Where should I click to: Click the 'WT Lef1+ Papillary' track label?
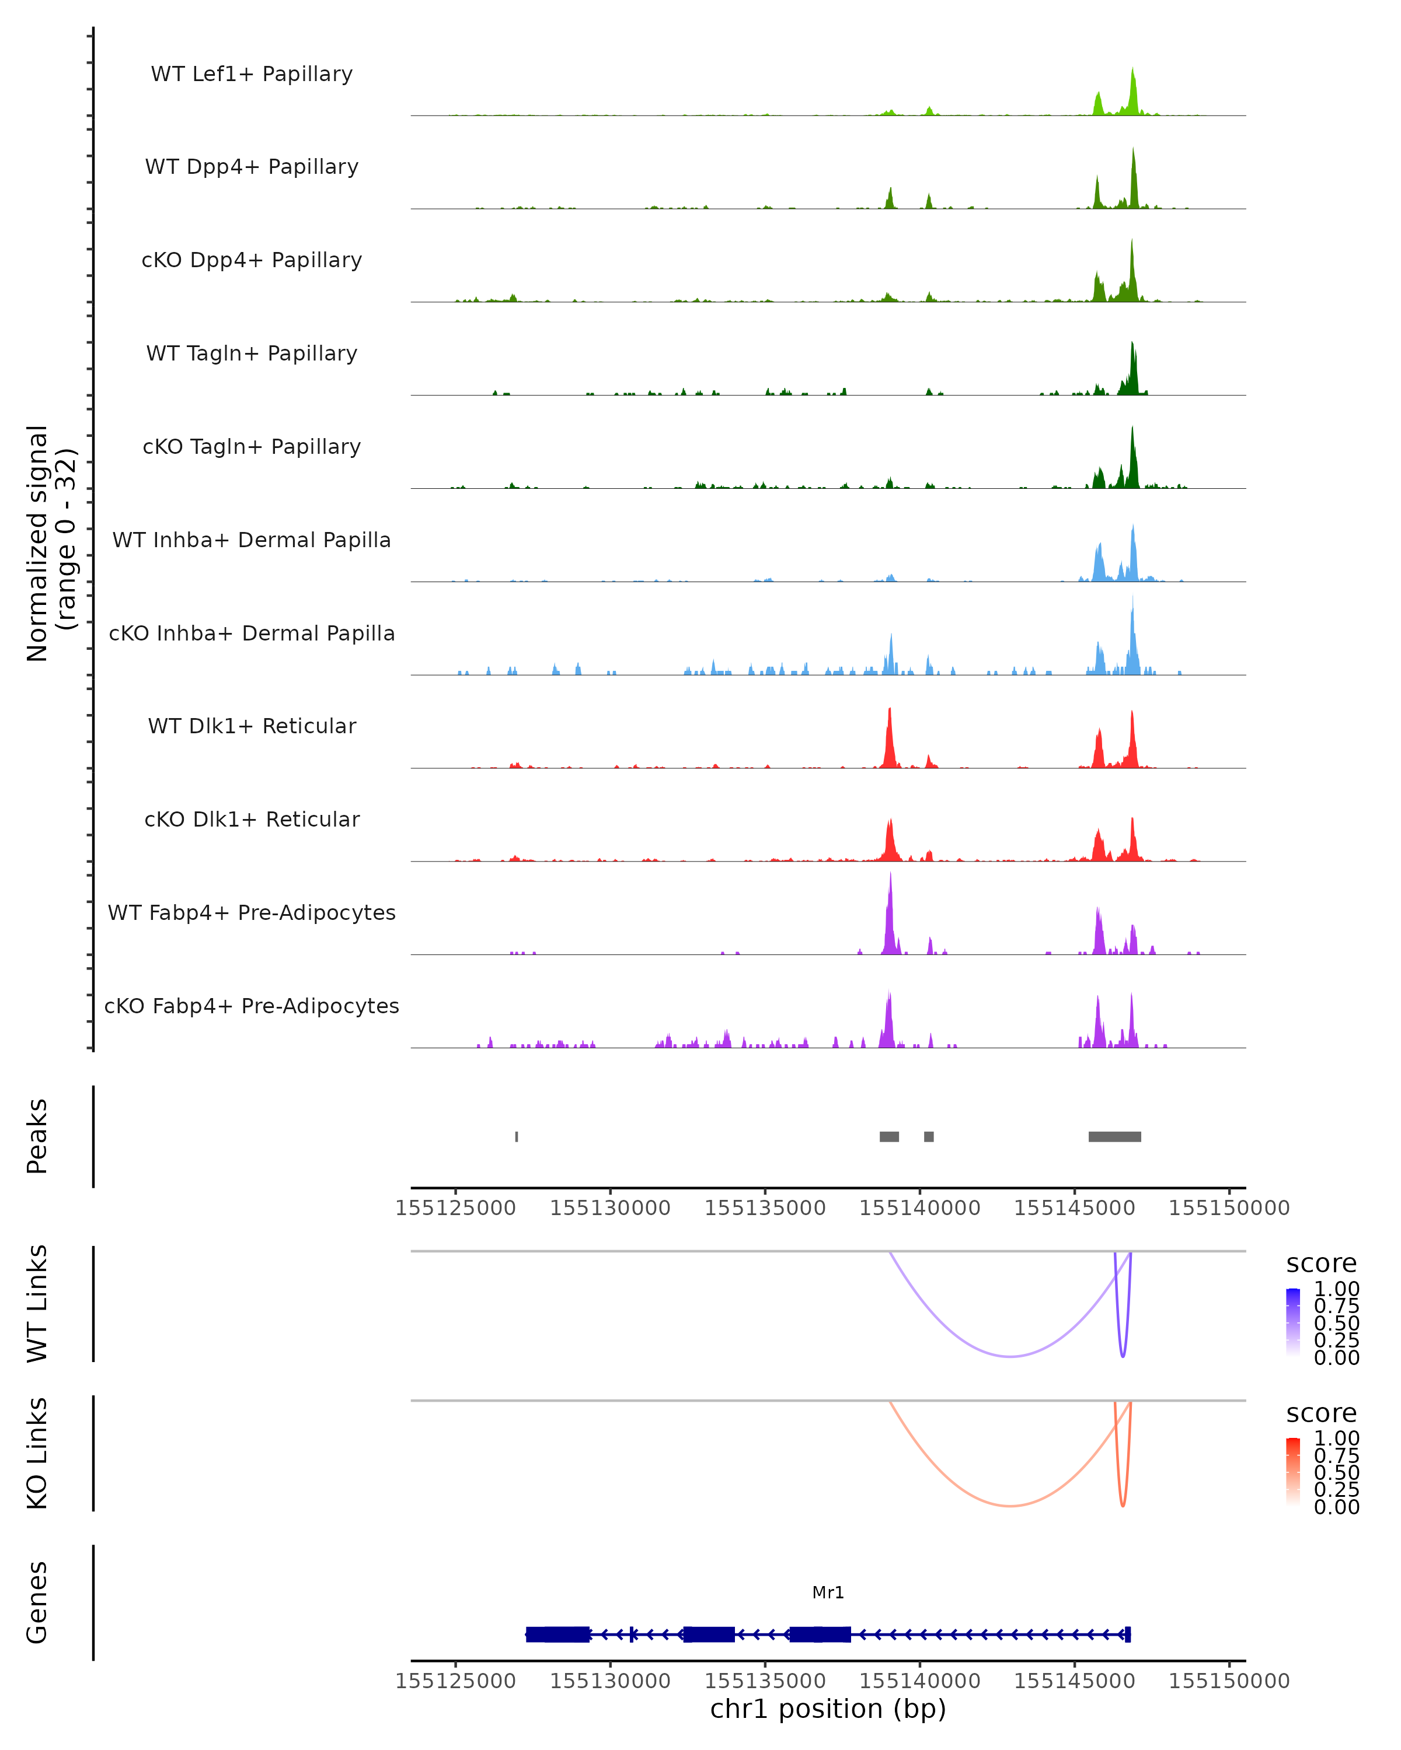click(252, 74)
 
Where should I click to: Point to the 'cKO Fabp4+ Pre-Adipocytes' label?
click(252, 1006)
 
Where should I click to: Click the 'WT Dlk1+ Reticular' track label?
click(252, 726)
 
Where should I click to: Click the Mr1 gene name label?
click(828, 1592)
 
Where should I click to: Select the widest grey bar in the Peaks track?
click(1114, 1136)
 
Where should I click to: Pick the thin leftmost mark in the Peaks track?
click(517, 1136)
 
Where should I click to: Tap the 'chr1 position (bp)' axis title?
click(828, 1709)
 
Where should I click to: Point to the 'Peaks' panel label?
click(37, 1136)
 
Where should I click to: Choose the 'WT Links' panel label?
click(37, 1304)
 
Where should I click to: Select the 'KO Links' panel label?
click(37, 1454)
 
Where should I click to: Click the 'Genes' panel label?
click(37, 1602)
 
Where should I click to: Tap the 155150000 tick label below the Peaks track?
click(1229, 1208)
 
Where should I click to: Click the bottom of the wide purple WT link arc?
click(1009, 1356)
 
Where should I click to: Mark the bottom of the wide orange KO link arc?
click(1009, 1506)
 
